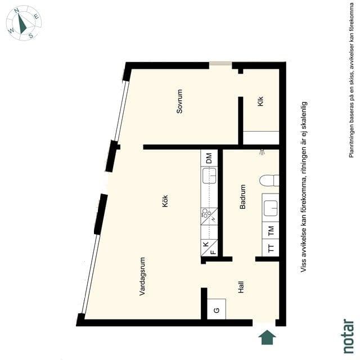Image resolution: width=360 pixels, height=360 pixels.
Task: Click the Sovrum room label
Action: [179, 101]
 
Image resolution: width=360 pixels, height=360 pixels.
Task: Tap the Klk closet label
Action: [260, 101]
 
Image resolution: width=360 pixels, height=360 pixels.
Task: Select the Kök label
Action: [165, 201]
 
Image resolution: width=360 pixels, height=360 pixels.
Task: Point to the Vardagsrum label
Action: [142, 276]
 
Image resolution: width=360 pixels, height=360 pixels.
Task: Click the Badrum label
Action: [242, 197]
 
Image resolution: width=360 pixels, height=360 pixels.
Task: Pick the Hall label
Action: [241, 287]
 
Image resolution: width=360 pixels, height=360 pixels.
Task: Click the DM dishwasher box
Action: [209, 157]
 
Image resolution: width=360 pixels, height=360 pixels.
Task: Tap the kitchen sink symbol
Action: [209, 175]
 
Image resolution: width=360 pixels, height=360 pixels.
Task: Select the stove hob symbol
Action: [209, 216]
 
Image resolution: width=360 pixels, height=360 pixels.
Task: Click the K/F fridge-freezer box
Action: [209, 247]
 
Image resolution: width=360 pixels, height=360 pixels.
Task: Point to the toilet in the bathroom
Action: [269, 180]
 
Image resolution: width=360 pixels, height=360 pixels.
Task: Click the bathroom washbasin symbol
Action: [271, 208]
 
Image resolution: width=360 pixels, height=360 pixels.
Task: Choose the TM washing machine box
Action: [271, 231]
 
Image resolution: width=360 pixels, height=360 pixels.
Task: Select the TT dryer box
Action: [271, 247]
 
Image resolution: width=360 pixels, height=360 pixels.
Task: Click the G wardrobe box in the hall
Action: [216, 309]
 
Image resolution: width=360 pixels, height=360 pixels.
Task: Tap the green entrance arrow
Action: [267, 337]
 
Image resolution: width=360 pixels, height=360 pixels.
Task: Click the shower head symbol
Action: [262, 152]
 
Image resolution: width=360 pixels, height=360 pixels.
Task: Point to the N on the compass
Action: [16, 10]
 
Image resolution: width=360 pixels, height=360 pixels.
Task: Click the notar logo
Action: [348, 336]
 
